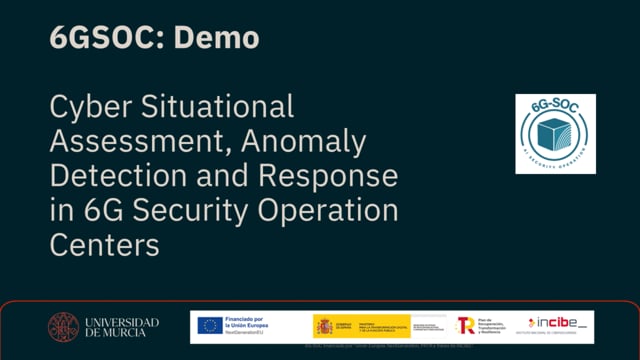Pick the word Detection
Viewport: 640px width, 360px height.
pyautogui.click(x=116, y=177)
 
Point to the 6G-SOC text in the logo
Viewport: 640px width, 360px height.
pyautogui.click(x=555, y=105)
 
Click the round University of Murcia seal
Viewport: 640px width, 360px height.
pyautogui.click(x=64, y=327)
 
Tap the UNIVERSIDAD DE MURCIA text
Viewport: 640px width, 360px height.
pyautogui.click(x=121, y=327)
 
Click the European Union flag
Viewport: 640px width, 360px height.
pyautogui.click(x=209, y=326)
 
